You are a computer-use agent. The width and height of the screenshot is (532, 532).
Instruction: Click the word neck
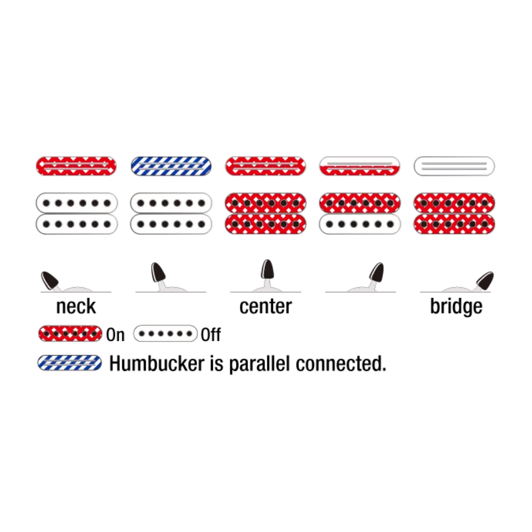coord(76,306)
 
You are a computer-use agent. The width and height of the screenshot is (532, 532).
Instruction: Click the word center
coord(266,306)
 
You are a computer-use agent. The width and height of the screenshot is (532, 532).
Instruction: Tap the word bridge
coord(456,307)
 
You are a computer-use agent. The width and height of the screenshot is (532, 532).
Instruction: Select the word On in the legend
coord(115,335)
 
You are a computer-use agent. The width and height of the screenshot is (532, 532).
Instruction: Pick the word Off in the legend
coord(211,335)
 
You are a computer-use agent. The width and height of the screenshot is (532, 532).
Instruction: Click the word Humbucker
coord(157,364)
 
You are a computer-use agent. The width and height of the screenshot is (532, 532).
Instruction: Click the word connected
coord(341,364)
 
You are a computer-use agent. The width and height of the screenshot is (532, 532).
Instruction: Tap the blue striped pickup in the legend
coord(69,363)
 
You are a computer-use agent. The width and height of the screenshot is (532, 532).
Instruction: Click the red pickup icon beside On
coord(70,333)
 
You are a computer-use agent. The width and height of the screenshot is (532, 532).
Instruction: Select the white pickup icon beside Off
coord(165,333)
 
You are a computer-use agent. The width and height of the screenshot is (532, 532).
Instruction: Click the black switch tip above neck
coord(50,280)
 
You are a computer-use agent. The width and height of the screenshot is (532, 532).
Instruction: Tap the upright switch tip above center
coord(267,269)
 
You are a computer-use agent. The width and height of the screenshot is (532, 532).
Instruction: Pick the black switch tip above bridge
coord(485,280)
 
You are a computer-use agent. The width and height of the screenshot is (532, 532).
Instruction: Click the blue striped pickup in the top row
coord(171,166)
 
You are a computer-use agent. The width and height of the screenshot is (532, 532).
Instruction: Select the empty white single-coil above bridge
coord(454,166)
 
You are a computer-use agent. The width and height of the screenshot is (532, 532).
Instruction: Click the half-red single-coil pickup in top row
coord(360,166)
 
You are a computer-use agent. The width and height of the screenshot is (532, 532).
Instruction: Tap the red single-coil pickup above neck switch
coord(76,166)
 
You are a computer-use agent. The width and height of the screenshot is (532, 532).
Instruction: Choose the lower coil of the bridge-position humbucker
coord(454,224)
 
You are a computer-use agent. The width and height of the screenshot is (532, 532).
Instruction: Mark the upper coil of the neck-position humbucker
coord(77,203)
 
